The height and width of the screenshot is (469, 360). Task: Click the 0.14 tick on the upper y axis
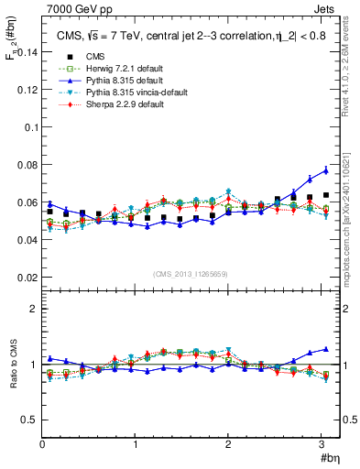[27, 53]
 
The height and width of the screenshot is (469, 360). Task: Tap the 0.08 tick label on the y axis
[27, 165]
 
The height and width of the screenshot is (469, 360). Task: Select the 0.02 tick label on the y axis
[27, 277]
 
